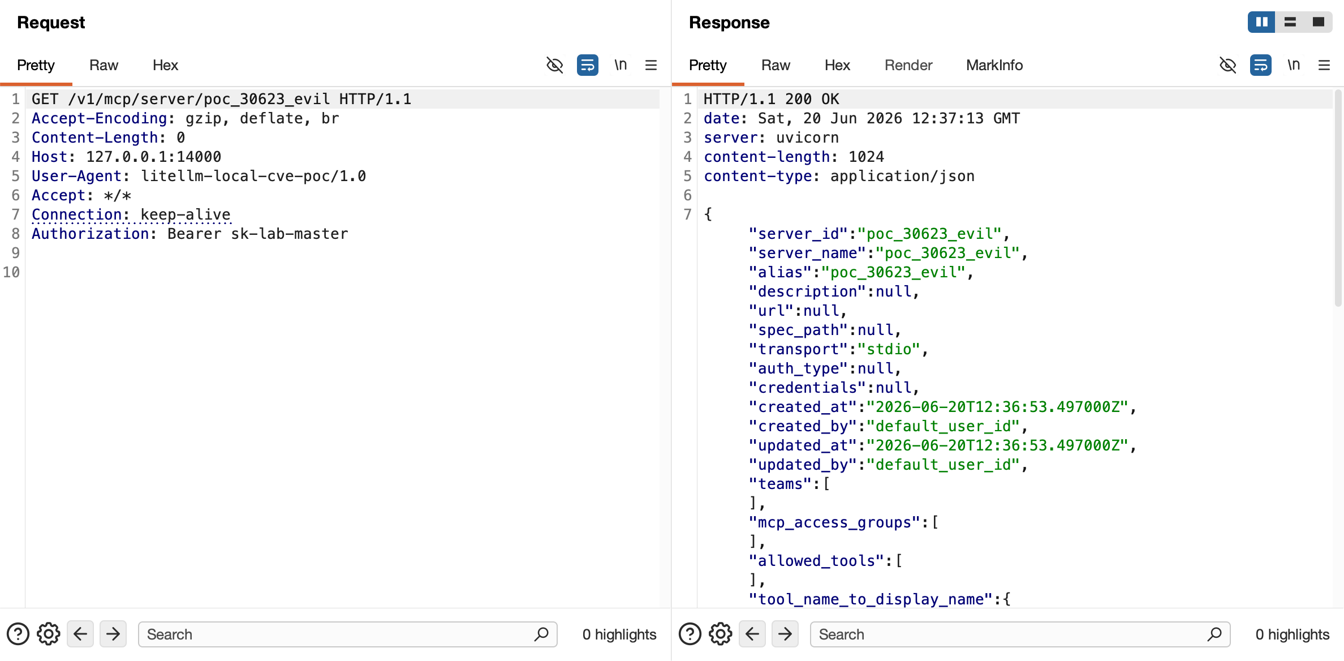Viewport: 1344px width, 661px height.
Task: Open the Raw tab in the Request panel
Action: [x=104, y=65]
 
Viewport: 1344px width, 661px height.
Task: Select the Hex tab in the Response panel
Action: [x=837, y=65]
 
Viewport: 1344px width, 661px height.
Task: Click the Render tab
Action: [x=908, y=65]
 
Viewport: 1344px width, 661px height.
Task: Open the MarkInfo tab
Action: [x=994, y=65]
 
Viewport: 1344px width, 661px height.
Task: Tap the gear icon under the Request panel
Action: [x=49, y=634]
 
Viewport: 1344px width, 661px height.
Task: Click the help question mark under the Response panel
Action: [x=690, y=634]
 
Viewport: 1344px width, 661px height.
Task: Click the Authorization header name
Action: [x=90, y=234]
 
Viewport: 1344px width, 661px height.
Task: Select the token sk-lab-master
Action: [x=290, y=234]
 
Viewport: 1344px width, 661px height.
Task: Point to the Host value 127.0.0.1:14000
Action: [x=153, y=157]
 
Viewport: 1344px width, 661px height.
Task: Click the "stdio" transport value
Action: [x=889, y=349]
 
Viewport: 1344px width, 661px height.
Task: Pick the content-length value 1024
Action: [x=866, y=157]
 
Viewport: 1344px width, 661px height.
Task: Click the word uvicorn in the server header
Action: [x=807, y=138]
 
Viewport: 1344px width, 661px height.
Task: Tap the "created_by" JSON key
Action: [x=803, y=426]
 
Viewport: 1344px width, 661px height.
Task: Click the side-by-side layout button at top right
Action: [x=1261, y=22]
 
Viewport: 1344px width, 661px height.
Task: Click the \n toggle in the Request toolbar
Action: [x=621, y=65]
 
